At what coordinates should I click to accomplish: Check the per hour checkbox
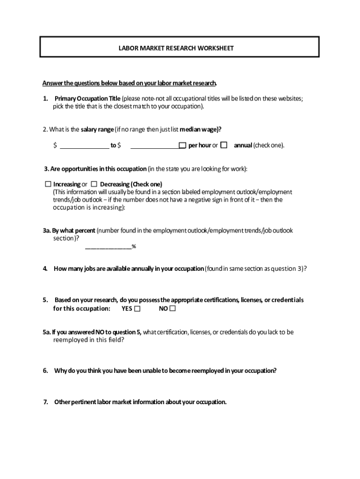click(x=183, y=145)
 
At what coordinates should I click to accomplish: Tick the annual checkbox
click(x=224, y=145)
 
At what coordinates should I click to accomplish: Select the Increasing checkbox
click(x=48, y=184)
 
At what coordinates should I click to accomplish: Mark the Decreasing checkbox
click(x=94, y=184)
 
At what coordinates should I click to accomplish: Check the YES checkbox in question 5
click(x=137, y=309)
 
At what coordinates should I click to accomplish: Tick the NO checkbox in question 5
click(x=173, y=309)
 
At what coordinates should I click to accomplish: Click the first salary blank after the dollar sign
click(x=84, y=146)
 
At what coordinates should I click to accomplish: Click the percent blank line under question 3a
click(x=108, y=247)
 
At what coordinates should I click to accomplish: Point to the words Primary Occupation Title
click(x=87, y=98)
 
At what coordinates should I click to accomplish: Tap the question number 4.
click(x=45, y=269)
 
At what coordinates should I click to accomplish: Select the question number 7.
click(x=45, y=402)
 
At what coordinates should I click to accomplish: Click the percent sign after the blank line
click(x=134, y=247)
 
